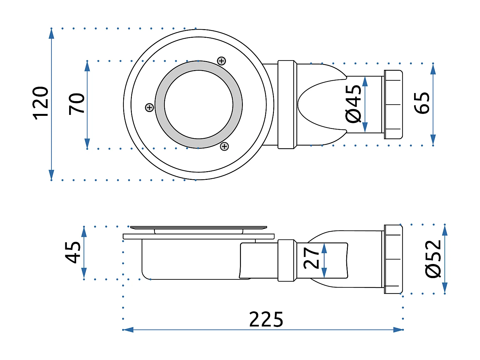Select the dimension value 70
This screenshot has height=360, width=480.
[77, 104]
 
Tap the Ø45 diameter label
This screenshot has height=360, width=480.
[353, 104]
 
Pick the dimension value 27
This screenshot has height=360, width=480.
[311, 258]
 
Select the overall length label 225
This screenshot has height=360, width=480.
[266, 319]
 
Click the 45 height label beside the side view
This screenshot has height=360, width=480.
[73, 252]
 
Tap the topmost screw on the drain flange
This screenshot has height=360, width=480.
[221, 61]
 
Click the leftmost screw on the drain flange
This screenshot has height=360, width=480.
[149, 108]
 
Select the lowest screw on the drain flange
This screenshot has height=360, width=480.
[225, 146]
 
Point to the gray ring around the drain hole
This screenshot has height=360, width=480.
[160, 104]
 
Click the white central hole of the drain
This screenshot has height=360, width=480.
[199, 104]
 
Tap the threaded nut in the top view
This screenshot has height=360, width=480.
[393, 104]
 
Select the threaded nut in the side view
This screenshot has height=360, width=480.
[393, 259]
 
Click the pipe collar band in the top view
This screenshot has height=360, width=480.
[286, 104]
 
